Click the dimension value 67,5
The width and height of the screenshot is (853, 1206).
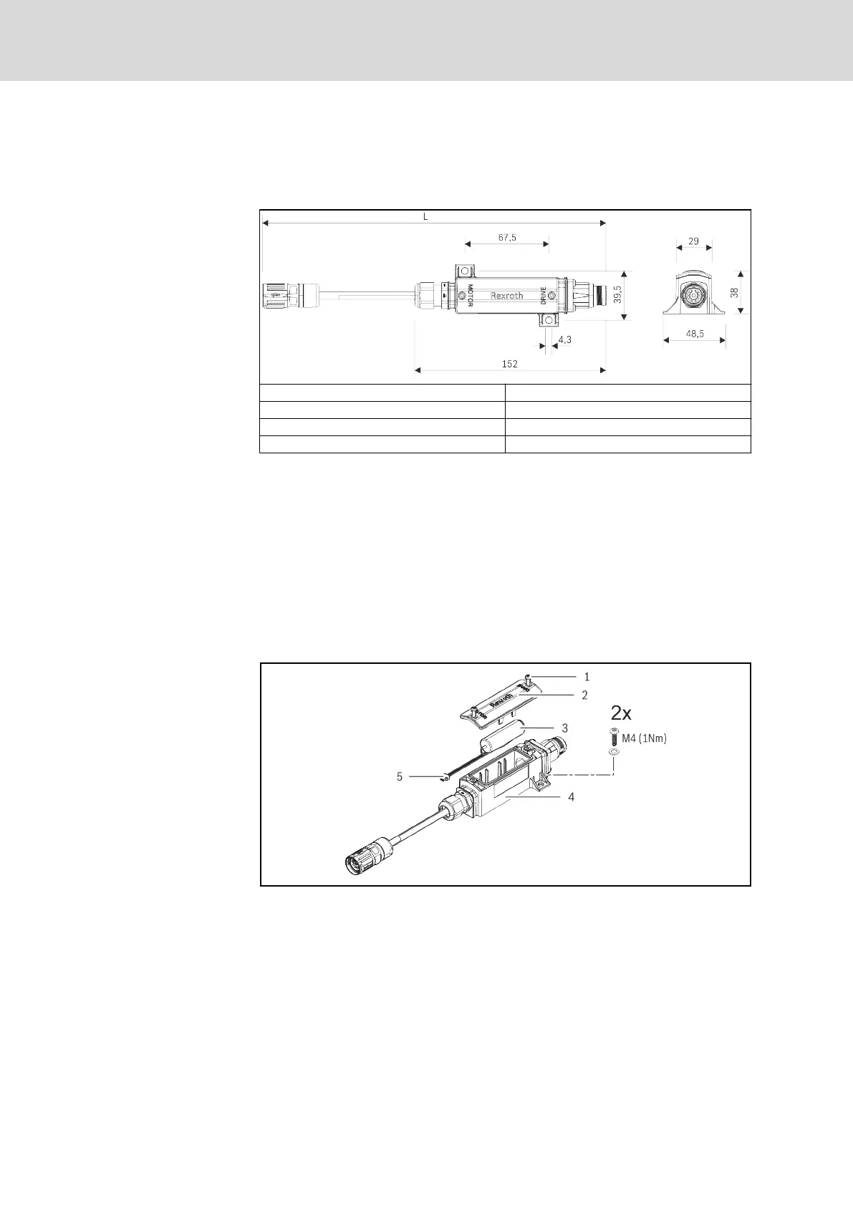click(x=506, y=237)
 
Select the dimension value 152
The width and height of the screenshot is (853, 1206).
click(x=509, y=364)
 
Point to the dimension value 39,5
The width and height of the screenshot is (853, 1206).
click(x=617, y=294)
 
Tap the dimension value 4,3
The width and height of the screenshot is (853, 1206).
click(x=564, y=339)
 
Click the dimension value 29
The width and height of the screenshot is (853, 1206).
click(x=693, y=241)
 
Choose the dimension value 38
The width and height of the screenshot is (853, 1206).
click(x=733, y=292)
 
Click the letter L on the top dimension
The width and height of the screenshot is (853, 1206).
click(x=425, y=216)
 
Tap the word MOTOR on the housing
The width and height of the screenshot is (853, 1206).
click(x=471, y=295)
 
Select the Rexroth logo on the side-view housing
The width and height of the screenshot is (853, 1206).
click(x=506, y=295)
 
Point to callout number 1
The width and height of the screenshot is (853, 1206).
click(x=587, y=676)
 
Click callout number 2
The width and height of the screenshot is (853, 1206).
click(x=585, y=695)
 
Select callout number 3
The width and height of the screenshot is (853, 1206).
click(x=565, y=728)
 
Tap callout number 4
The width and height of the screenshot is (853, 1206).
click(x=571, y=796)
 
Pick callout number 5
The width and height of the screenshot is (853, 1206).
click(x=400, y=776)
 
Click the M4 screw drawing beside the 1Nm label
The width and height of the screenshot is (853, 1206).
click(x=613, y=735)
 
